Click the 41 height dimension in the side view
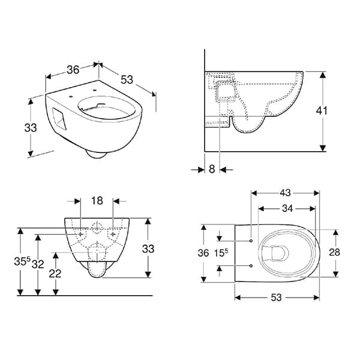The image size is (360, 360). tap(322, 111)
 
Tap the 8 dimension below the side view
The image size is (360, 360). tap(212, 169)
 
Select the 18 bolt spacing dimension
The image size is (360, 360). tap(97, 200)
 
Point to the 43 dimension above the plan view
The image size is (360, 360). tap(285, 193)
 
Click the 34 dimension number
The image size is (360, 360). tap(287, 208)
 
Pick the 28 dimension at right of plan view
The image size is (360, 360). tap(334, 253)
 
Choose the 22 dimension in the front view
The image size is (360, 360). tap(55, 274)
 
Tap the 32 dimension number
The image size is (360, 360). tap(38, 265)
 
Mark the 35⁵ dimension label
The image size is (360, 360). tap(22, 261)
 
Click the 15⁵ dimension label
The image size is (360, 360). tap(221, 253)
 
